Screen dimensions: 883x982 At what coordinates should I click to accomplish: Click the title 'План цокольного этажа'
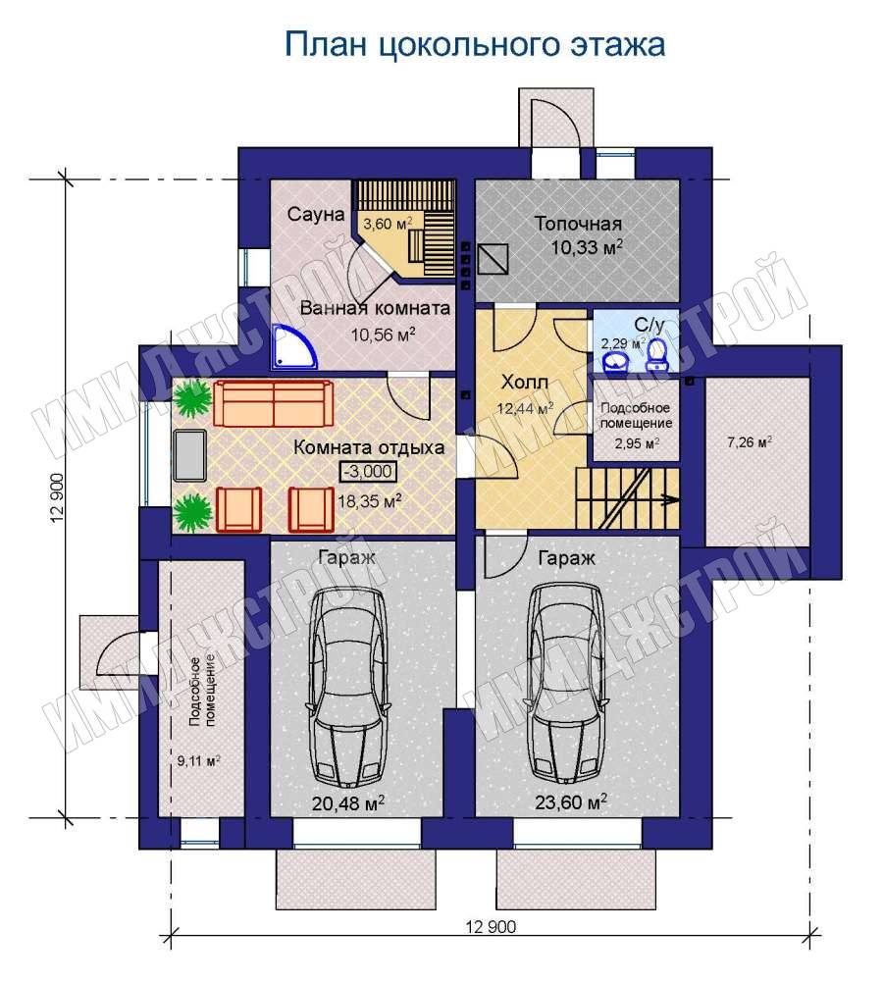tap(475, 45)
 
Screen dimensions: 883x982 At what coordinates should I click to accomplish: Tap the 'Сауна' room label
tap(316, 214)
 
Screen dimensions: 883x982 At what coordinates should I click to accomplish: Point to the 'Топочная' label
tap(578, 224)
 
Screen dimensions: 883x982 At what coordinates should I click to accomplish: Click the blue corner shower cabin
tap(294, 347)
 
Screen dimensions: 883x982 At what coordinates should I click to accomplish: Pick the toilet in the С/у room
tap(657, 354)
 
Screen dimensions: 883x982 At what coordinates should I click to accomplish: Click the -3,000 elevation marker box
tap(368, 471)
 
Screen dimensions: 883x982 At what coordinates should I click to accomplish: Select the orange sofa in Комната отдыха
tap(274, 404)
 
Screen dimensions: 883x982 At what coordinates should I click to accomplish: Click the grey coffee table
tap(189, 455)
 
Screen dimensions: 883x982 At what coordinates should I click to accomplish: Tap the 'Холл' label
tap(525, 382)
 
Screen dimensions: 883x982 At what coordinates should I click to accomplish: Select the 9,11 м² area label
tap(198, 761)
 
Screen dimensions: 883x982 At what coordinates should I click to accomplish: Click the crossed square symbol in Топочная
tap(493, 259)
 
